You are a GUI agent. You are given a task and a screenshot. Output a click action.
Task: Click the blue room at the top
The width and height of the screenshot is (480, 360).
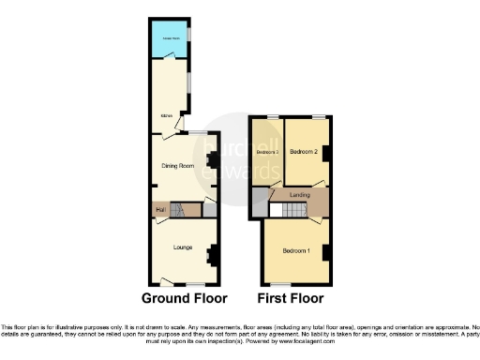pyautogui.click(x=171, y=38)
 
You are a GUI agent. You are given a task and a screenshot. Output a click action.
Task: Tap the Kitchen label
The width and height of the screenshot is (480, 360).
pyautogui.click(x=166, y=116)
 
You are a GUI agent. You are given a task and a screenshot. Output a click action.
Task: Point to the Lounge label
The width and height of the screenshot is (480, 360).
pyautogui.click(x=183, y=247)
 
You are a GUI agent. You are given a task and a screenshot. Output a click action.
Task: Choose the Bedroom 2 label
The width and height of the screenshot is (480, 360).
pyautogui.click(x=305, y=151)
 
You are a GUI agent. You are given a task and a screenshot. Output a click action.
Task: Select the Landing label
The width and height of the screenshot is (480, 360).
pyautogui.click(x=300, y=195)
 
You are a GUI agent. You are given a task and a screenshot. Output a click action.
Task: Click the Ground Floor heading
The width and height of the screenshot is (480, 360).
pyautogui.click(x=184, y=299)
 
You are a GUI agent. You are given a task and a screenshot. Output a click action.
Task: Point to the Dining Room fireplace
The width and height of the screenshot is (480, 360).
pyautogui.click(x=212, y=161)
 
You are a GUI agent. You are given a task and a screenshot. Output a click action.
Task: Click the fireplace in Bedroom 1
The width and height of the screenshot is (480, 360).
pyautogui.click(x=325, y=250)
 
